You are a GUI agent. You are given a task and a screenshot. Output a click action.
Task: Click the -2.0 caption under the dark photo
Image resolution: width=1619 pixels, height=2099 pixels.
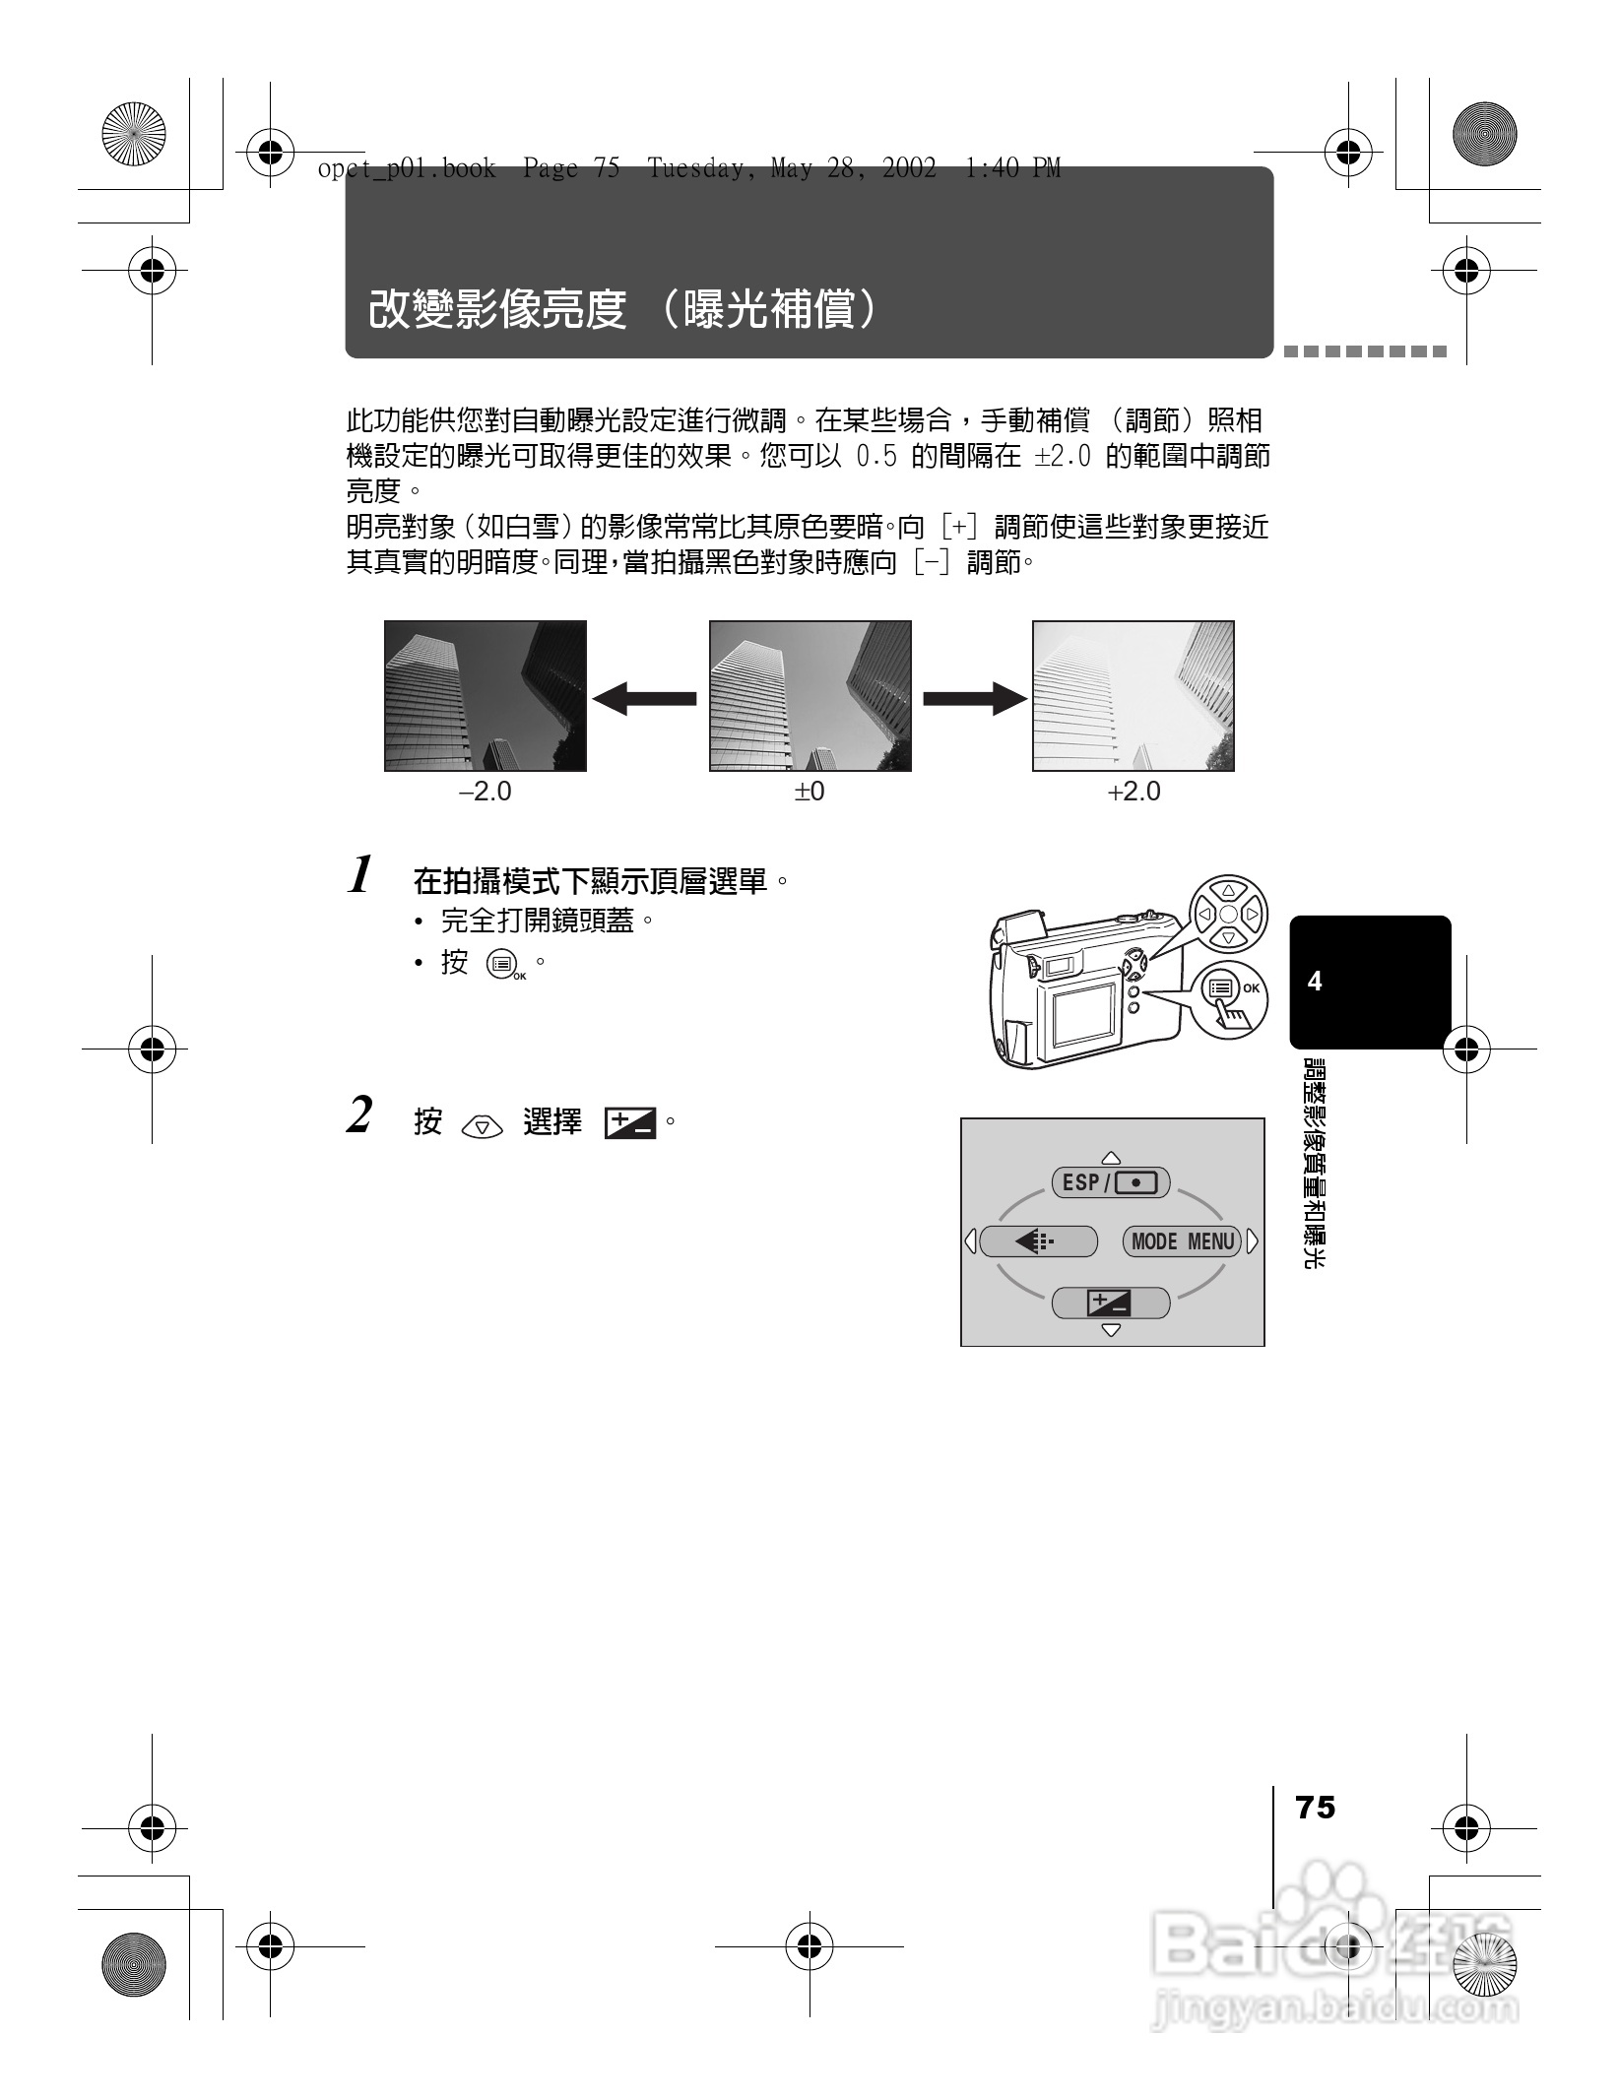[x=486, y=792]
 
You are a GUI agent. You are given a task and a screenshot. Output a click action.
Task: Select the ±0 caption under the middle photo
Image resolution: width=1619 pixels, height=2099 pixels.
[x=809, y=792]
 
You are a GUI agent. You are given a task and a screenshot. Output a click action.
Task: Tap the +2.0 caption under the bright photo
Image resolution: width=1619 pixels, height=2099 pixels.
[x=1133, y=792]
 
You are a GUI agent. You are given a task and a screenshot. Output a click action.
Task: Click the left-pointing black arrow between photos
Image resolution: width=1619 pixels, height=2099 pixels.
[x=645, y=699]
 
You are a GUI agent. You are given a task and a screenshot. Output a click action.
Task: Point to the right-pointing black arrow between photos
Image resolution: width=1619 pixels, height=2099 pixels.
[x=974, y=699]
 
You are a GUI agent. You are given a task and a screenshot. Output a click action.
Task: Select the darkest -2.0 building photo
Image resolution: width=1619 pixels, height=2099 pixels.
[x=486, y=696]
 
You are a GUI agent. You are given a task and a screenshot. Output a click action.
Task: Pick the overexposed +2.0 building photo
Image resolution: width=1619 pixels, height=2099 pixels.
[x=1133, y=696]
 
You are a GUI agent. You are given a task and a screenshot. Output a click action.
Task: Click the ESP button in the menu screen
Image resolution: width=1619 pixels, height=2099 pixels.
[x=1111, y=1182]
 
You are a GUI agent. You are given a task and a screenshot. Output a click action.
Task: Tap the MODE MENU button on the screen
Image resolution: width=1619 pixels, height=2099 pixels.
[x=1182, y=1241]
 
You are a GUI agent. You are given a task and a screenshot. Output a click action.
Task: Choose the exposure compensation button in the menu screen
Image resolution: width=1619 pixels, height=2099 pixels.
[x=1111, y=1304]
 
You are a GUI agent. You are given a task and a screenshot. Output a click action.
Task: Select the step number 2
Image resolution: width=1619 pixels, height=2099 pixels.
[x=360, y=1116]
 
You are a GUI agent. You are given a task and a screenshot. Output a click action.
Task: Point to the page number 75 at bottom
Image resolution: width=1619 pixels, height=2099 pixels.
[x=1316, y=1809]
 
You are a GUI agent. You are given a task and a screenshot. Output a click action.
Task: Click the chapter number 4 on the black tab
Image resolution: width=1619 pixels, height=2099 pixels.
[x=1315, y=982]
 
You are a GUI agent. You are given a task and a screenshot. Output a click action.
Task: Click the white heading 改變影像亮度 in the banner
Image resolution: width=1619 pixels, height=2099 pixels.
[x=497, y=310]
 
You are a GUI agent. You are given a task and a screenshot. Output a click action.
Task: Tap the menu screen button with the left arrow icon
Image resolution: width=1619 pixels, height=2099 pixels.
[x=1039, y=1241]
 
